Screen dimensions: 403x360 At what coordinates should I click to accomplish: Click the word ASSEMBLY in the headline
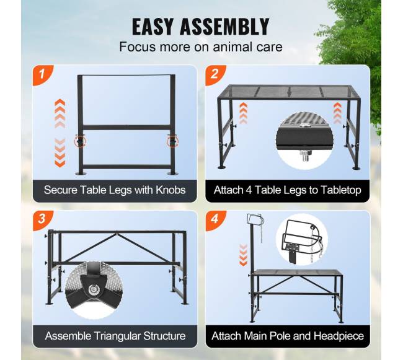click(224, 27)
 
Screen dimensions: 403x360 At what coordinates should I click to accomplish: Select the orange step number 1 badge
click(42, 74)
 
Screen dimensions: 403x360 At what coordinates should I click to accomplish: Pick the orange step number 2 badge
click(215, 74)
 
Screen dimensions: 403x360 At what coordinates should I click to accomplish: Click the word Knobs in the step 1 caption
click(170, 190)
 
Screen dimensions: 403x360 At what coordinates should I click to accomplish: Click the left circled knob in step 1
click(81, 141)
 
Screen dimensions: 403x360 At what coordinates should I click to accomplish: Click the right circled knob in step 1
click(172, 141)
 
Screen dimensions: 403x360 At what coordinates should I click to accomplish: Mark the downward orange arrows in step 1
click(60, 153)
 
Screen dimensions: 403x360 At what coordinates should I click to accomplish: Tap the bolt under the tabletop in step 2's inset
click(305, 156)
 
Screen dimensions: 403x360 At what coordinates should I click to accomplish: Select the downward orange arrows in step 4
click(243, 255)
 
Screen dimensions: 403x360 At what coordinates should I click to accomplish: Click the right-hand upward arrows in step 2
click(337, 113)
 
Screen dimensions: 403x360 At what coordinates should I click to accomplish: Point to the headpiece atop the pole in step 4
click(255, 221)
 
